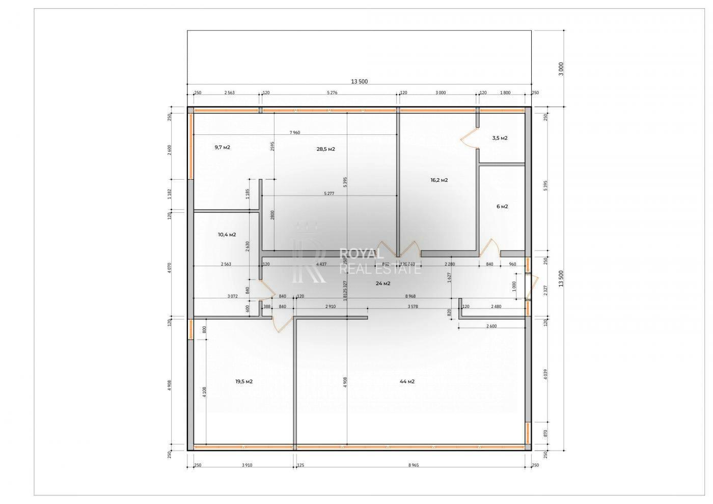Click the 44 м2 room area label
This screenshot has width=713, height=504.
coord(407,381)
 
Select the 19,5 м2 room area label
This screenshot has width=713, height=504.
coord(244,381)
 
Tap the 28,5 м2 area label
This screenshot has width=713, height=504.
coord(325,149)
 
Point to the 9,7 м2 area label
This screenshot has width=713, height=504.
coord(222,147)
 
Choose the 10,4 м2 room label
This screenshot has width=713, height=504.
coord(227,235)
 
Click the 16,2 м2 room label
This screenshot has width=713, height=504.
coord(439,180)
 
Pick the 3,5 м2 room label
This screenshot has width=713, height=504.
coord(500,138)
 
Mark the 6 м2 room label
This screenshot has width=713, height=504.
coord(502,206)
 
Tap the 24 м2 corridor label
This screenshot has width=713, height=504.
coord(383,284)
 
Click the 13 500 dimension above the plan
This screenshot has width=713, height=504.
coord(359,81)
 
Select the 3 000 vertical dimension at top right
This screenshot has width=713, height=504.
coord(561,69)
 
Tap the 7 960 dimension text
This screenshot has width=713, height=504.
coord(295,132)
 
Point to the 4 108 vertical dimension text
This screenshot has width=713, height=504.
coord(205,392)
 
